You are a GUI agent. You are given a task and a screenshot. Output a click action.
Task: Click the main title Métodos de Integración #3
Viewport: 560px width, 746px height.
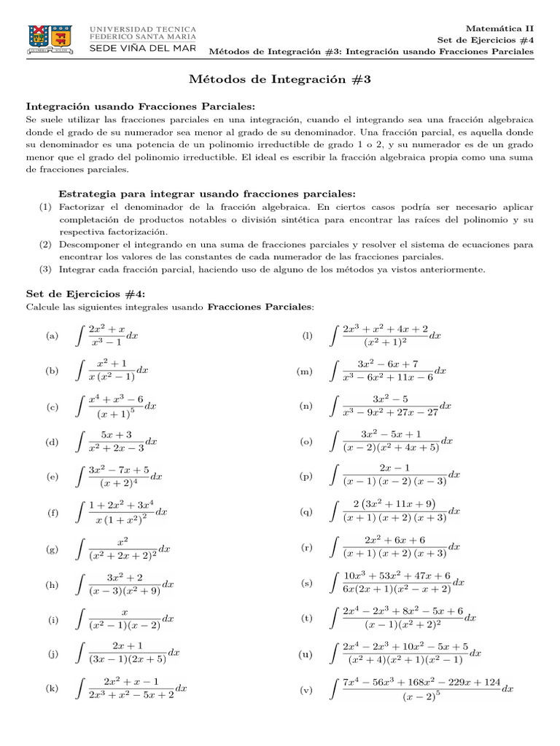pos(280,79)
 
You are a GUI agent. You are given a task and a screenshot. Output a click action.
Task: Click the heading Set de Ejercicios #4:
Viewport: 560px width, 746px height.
pos(85,294)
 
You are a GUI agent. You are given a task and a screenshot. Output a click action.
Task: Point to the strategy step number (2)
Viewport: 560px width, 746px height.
pos(45,246)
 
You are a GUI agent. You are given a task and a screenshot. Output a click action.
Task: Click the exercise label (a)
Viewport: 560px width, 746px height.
pos(52,336)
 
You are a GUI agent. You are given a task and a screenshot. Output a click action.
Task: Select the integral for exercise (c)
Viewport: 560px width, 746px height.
pos(115,407)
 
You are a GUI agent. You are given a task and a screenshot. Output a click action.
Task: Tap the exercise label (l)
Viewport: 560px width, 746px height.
pos(306,336)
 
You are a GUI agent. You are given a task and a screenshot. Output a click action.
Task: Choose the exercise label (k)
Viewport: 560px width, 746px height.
pos(52,688)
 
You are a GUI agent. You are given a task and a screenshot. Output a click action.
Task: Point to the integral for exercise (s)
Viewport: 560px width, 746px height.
pos(396,583)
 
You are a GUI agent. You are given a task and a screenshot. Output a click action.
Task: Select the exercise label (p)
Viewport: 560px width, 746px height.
pos(306,477)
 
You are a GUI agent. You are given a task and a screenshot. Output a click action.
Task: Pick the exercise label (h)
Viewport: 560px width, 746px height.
pos(52,584)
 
